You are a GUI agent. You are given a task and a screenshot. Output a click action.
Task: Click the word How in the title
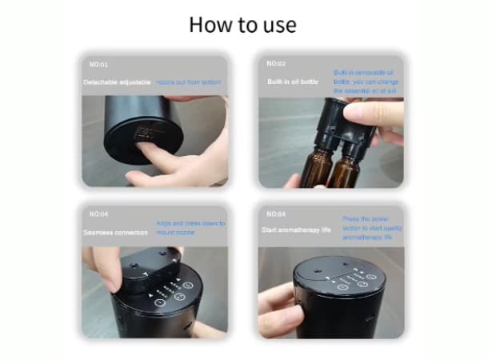(210, 24)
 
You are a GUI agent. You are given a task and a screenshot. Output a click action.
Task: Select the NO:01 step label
(99, 63)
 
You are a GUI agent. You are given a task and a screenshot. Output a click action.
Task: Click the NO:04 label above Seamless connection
(99, 214)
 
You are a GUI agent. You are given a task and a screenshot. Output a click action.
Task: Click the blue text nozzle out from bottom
(189, 82)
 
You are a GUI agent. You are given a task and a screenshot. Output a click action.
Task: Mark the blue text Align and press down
(190, 228)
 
